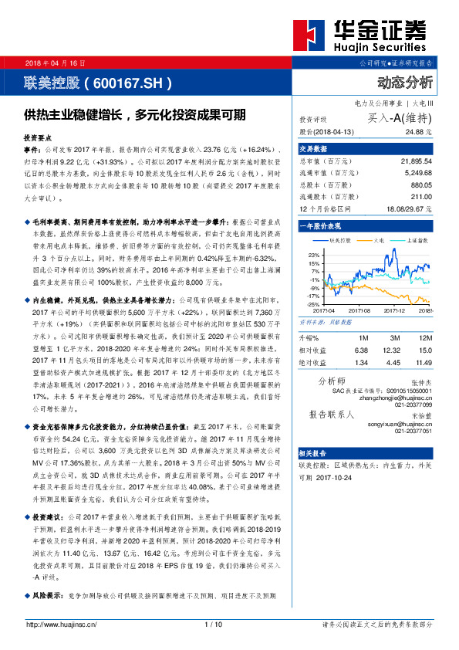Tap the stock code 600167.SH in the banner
click(x=129, y=81)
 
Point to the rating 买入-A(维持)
click(x=399, y=119)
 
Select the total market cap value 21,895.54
click(x=417, y=161)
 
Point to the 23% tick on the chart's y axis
click(x=313, y=254)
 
